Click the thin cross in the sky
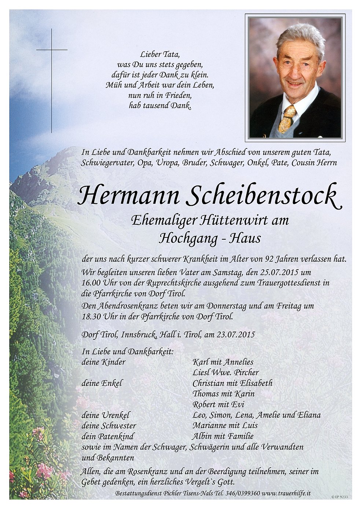point(52,49)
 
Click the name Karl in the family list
point(200,362)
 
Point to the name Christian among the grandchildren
point(208,383)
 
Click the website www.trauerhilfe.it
point(286,493)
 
